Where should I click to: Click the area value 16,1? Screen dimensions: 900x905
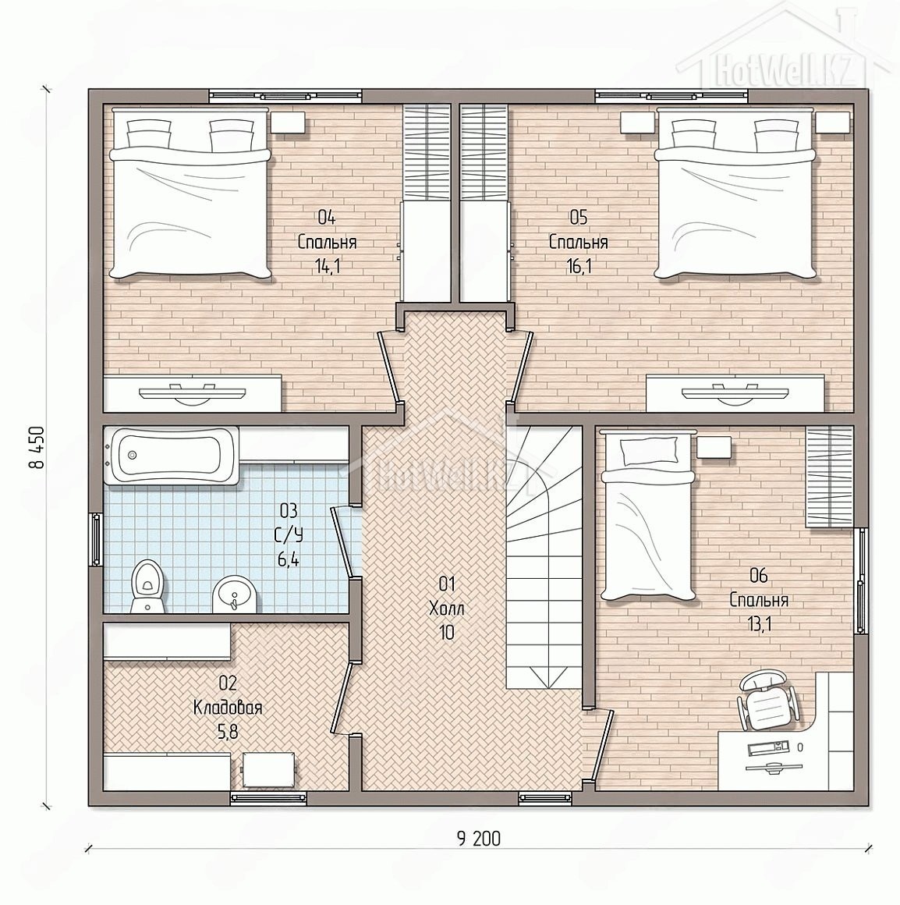pyautogui.click(x=579, y=266)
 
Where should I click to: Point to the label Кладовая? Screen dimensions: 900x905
pyautogui.click(x=228, y=708)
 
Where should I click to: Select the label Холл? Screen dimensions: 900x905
pyautogui.click(x=447, y=609)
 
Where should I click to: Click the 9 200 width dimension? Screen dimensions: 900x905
pyautogui.click(x=479, y=838)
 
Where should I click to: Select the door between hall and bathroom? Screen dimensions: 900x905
pyautogui.click(x=344, y=541)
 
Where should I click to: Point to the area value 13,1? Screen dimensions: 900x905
pyautogui.click(x=759, y=624)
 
